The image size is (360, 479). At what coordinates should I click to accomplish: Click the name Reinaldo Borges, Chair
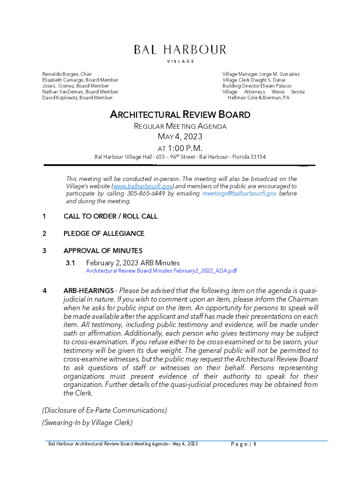pyautogui.click(x=67, y=74)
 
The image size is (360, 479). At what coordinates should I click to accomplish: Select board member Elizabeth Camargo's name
pyautogui.click(x=80, y=80)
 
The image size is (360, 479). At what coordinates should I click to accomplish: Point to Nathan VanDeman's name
pyautogui.click(x=80, y=92)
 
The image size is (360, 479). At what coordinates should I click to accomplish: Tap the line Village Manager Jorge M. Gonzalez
pyautogui.click(x=261, y=74)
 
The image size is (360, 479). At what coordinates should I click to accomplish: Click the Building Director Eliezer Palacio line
pyautogui.click(x=257, y=86)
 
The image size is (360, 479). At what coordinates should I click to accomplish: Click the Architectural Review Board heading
pyautogui.click(x=180, y=115)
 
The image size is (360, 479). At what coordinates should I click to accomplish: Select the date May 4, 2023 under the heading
pyautogui.click(x=180, y=137)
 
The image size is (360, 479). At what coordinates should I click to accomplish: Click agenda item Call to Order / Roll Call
pyautogui.click(x=110, y=216)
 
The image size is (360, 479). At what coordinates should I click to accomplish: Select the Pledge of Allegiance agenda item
pyautogui.click(x=104, y=233)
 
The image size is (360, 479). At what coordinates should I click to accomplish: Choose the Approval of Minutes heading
pyautogui.click(x=103, y=251)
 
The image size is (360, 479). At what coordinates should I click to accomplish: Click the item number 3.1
pyautogui.click(x=71, y=263)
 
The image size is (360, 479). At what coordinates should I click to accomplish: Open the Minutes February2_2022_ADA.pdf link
pyautogui.click(x=161, y=271)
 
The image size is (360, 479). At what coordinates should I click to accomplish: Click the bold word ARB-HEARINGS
pyautogui.click(x=88, y=291)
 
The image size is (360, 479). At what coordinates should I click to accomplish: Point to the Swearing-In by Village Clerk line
pyautogui.click(x=87, y=422)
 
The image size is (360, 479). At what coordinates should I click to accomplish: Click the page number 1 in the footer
pyautogui.click(x=255, y=444)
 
